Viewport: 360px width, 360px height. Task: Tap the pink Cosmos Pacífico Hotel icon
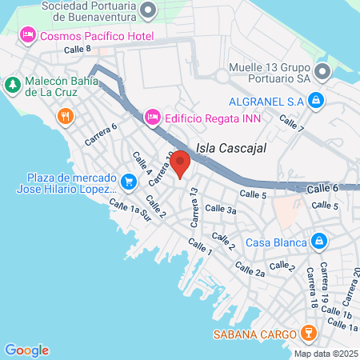pyautogui.click(x=27, y=35)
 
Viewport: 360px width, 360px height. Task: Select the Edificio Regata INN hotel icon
pyautogui.click(x=152, y=118)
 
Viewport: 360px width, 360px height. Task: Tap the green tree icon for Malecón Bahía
pyautogui.click(x=13, y=83)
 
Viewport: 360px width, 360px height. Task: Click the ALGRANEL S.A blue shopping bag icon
pyautogui.click(x=317, y=100)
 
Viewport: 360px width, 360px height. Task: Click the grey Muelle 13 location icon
pyautogui.click(x=322, y=72)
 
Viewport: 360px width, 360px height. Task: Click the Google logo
pyautogui.click(x=26, y=350)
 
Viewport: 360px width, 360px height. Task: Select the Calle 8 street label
pyautogui.click(x=78, y=50)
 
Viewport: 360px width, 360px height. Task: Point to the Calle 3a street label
pyautogui.click(x=220, y=209)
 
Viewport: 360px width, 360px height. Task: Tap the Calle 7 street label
pyautogui.click(x=292, y=122)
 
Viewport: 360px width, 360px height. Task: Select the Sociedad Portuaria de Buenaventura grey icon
pyautogui.click(x=147, y=10)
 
